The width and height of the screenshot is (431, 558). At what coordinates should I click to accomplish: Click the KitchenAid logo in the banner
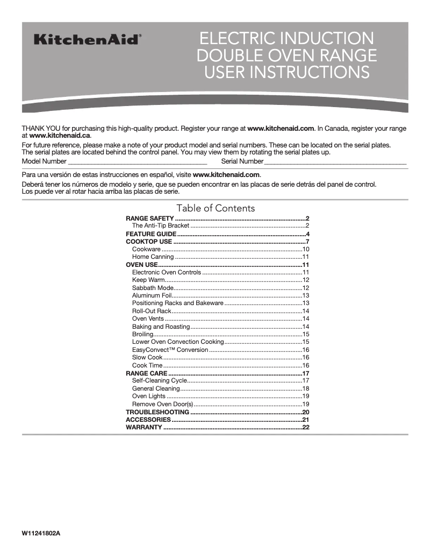click(x=88, y=40)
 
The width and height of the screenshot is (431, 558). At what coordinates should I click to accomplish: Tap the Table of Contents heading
click(x=215, y=208)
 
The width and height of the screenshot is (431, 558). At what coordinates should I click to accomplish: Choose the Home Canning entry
click(x=153, y=257)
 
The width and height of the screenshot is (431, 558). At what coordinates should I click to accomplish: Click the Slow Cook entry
click(x=147, y=357)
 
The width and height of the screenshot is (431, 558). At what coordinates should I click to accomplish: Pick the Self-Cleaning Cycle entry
click(x=159, y=380)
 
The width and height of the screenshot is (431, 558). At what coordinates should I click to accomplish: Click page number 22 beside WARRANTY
click(x=306, y=427)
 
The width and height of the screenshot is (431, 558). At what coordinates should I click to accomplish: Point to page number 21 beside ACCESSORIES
click(x=306, y=419)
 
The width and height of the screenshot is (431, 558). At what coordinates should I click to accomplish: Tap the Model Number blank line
click(x=138, y=161)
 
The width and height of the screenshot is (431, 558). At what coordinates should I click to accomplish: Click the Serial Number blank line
click(x=335, y=161)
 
